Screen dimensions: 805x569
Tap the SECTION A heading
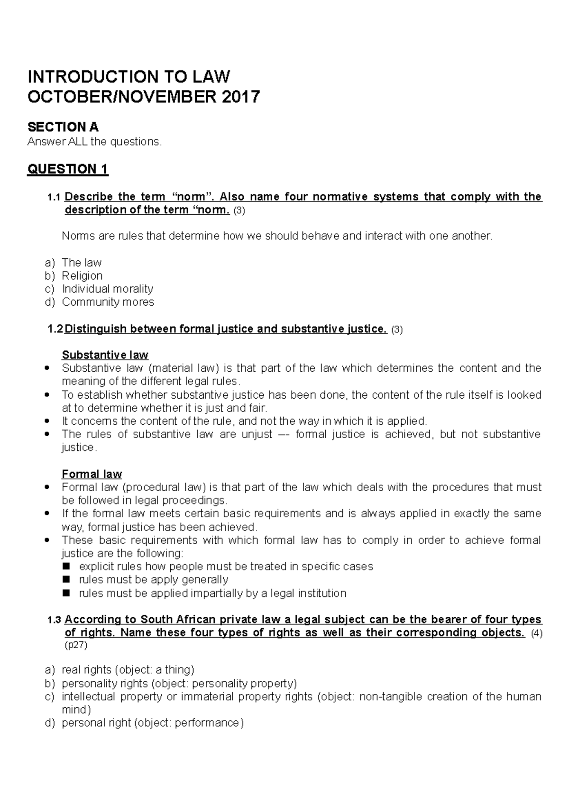point(63,127)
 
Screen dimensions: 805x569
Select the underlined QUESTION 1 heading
point(68,169)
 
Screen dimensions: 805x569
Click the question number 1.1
point(55,197)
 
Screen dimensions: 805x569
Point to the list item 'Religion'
point(82,276)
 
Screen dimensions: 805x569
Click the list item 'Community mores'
point(108,302)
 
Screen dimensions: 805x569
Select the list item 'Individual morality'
point(107,289)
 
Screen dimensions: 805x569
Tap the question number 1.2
point(55,329)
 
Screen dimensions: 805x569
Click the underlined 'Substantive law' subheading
point(105,355)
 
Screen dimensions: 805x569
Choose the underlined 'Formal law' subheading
point(92,474)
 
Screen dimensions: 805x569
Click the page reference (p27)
point(76,645)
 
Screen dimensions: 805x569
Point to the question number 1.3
point(55,620)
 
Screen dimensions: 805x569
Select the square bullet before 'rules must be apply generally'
point(67,579)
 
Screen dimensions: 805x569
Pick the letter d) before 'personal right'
point(50,723)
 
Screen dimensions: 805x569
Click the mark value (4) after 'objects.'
point(536,633)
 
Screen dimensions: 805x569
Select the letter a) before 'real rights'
point(50,670)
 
